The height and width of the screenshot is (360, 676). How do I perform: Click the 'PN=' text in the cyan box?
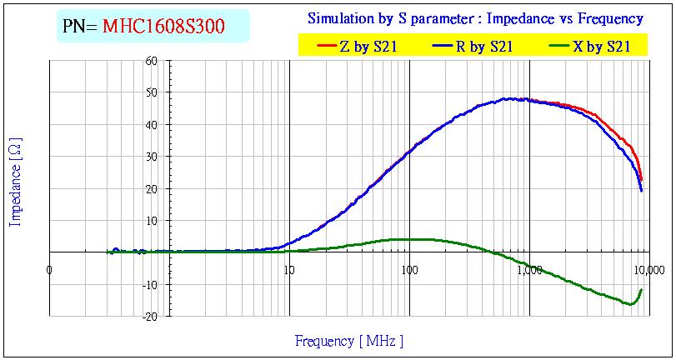tap(81, 27)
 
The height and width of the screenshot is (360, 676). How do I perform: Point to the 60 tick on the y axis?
tap(151, 61)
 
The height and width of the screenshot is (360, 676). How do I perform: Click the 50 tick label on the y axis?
tap(151, 92)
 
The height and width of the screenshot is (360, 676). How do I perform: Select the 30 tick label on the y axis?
tap(151, 157)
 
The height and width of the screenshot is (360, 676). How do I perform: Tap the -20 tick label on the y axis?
tap(149, 317)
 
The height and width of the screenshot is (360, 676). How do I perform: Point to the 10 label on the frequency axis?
tap(288, 270)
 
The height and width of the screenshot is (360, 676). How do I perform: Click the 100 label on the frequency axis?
tap(408, 270)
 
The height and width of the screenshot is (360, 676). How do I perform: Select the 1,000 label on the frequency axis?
tap(528, 270)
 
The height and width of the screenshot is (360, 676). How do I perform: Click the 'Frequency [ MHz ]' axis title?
tap(349, 341)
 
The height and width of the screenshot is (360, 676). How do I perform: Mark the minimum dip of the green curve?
tap(629, 304)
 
